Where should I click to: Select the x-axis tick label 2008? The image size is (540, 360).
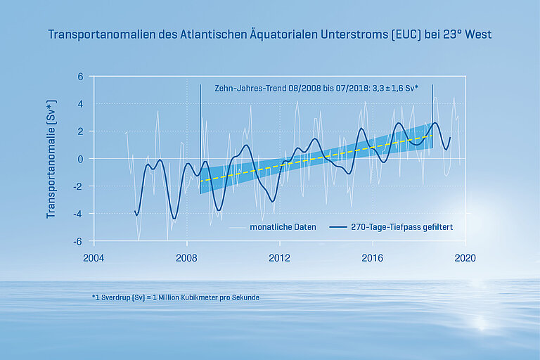[186, 258]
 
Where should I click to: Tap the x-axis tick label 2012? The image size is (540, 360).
[280, 258]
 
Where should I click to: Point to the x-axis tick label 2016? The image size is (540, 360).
[373, 258]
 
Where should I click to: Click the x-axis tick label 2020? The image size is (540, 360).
[465, 258]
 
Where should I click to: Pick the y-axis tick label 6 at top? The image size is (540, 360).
[80, 77]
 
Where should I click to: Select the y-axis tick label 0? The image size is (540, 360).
[80, 159]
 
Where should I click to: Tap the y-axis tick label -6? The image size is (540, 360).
[78, 241]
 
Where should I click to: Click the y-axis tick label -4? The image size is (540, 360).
[78, 214]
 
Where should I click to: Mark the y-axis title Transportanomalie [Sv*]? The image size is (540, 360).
[51, 159]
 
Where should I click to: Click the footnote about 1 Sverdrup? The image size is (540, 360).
[175, 297]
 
